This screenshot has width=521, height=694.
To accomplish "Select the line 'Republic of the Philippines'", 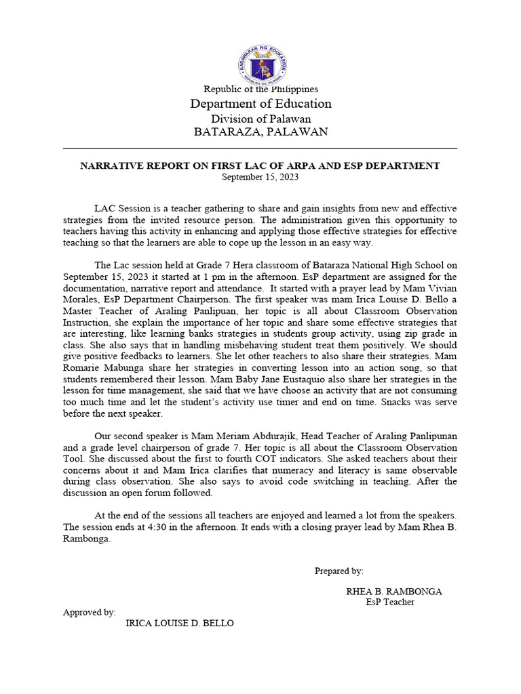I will [x=260, y=89].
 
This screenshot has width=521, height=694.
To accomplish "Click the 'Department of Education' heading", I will [x=260, y=104].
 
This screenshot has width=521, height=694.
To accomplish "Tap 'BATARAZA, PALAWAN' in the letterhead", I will [x=260, y=132].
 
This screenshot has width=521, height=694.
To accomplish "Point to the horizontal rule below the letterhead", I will [x=260, y=148].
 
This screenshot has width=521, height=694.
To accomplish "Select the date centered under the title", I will [x=260, y=177].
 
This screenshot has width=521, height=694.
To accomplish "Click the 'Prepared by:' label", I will [x=339, y=571].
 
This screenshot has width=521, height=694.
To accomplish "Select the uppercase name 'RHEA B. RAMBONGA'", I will [x=394, y=592].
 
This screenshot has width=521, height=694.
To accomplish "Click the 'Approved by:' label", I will [x=89, y=612].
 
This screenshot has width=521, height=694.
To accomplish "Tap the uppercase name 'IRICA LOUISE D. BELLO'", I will [x=180, y=624].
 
